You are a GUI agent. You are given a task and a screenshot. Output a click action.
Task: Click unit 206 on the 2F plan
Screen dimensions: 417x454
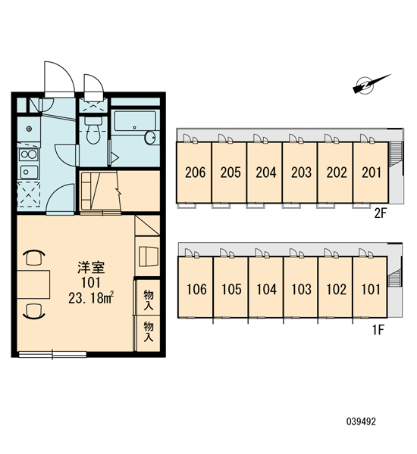point(194,173)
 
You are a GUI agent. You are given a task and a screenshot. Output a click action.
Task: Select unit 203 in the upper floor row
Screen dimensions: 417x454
point(299,173)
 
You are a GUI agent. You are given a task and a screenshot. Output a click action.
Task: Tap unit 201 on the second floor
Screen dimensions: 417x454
point(371,173)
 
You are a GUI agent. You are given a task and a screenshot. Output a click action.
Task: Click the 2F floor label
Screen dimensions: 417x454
point(381,213)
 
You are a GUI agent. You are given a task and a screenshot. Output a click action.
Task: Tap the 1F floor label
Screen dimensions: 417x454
point(378,329)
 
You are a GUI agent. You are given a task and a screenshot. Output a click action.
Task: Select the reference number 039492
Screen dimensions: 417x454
point(361,421)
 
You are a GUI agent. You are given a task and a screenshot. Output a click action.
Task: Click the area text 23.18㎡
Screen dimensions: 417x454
point(91,298)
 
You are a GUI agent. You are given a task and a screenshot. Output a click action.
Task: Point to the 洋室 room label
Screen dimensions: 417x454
point(91,268)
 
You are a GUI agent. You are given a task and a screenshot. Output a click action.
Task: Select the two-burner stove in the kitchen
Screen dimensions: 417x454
point(29,154)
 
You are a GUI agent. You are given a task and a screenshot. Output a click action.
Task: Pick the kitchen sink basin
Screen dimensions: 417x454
point(29,172)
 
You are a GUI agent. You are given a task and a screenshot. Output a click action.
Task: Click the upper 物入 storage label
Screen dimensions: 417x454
point(149,300)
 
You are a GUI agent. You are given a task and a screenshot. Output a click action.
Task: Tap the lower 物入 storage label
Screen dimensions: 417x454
point(149,331)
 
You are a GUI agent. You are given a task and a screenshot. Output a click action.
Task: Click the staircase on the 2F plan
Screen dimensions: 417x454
point(395,154)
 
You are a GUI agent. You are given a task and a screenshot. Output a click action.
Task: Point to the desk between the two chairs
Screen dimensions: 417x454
point(33,285)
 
